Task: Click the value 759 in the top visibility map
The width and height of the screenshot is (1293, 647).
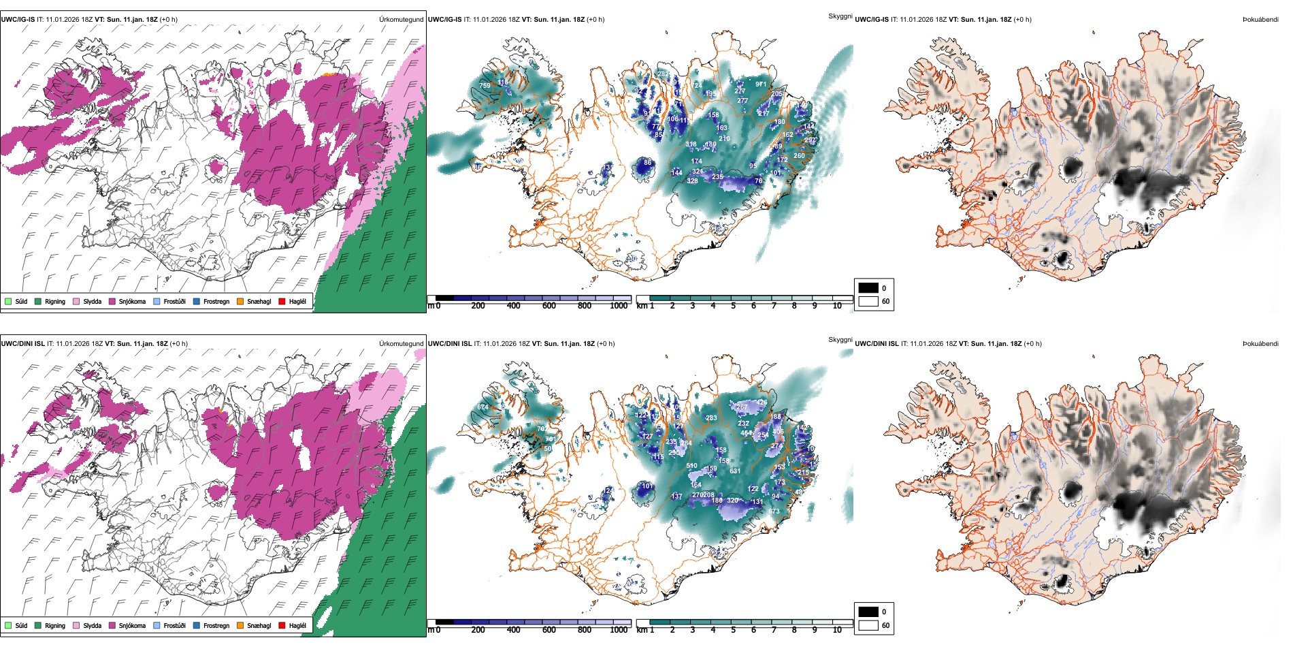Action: pyautogui.click(x=485, y=86)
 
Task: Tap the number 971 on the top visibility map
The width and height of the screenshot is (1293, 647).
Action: pyautogui.click(x=761, y=84)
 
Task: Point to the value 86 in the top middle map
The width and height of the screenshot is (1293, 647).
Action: pyautogui.click(x=647, y=163)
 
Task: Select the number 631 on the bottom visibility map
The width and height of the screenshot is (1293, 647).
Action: pyautogui.click(x=735, y=471)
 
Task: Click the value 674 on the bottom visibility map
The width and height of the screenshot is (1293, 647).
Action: pyautogui.click(x=482, y=407)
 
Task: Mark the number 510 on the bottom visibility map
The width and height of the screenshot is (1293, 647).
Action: pyautogui.click(x=691, y=467)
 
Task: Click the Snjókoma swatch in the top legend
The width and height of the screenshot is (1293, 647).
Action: pyautogui.click(x=112, y=301)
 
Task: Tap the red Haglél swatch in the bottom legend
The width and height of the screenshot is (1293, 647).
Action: pyautogui.click(x=282, y=625)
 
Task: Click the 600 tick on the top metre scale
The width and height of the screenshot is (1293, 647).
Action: pyautogui.click(x=549, y=306)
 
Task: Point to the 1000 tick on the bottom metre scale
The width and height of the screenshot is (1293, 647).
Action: pyautogui.click(x=619, y=630)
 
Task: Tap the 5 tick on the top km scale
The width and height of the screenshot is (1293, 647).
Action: pyautogui.click(x=733, y=306)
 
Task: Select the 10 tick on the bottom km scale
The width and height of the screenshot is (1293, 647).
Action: pyautogui.click(x=837, y=630)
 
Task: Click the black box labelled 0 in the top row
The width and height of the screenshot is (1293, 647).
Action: pyautogui.click(x=868, y=288)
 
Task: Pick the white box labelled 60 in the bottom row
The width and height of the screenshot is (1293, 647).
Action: pyautogui.click(x=868, y=625)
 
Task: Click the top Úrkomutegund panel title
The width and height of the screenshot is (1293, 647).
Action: pyautogui.click(x=401, y=20)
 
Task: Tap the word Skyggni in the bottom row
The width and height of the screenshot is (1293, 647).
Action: pyautogui.click(x=840, y=339)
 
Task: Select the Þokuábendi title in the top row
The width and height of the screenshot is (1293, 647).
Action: pyautogui.click(x=1260, y=20)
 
